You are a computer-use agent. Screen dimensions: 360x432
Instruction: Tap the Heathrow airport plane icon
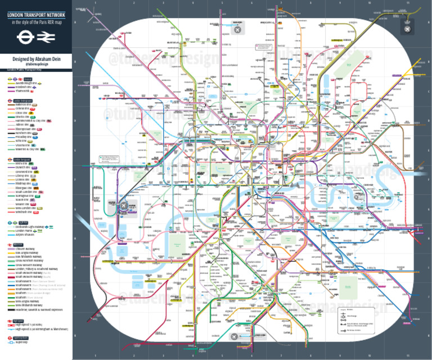coord(123,206)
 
